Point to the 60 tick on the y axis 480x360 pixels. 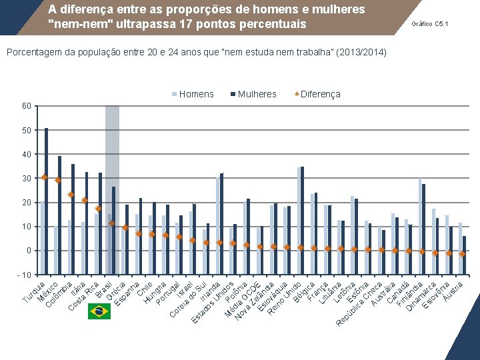(x=25, y=106)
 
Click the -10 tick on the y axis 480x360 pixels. (x=24, y=275)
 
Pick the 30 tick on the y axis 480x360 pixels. (x=25, y=179)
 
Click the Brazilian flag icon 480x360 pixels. (x=99, y=311)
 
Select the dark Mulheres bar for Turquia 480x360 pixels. (x=46, y=200)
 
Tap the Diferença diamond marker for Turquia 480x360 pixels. (x=45, y=177)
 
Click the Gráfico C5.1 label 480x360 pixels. (x=430, y=24)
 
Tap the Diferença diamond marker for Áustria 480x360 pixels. (x=462, y=254)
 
